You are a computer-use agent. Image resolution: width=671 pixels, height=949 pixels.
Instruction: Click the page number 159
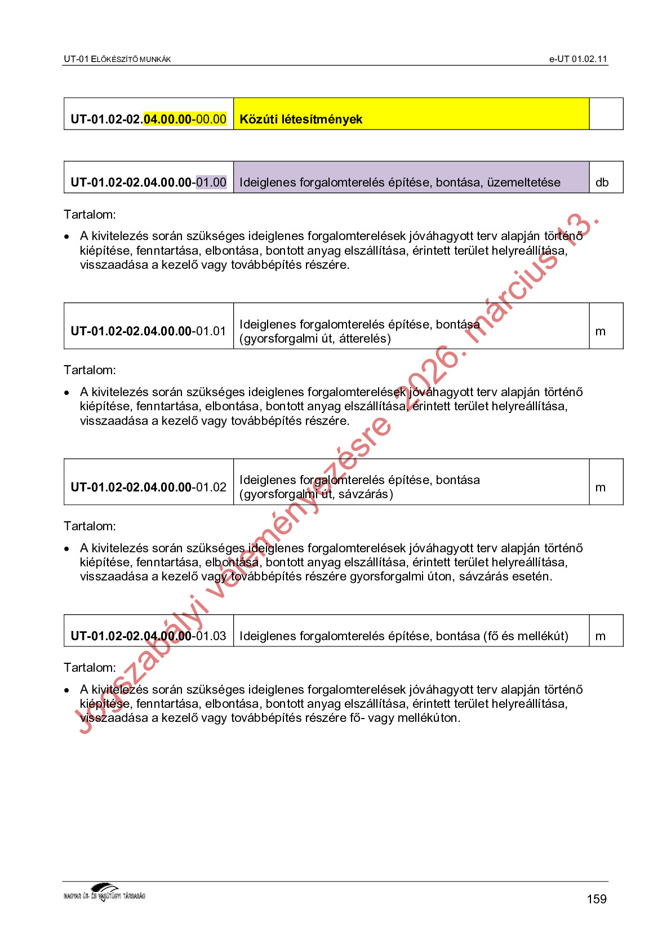596,899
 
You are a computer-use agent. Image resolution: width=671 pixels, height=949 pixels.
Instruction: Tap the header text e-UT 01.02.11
578,59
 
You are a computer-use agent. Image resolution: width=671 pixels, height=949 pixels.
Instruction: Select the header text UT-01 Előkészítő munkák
117,59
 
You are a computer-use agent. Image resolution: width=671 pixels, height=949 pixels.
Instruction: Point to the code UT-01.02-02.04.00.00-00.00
148,119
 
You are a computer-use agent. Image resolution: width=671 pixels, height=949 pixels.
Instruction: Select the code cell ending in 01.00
148,182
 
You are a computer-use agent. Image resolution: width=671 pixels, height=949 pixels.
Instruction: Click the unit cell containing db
602,182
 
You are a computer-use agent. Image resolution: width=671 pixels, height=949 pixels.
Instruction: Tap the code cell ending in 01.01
148,331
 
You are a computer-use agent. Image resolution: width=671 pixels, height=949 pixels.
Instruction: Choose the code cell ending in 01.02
148,487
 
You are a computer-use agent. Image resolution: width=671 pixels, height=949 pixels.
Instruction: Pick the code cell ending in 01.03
148,636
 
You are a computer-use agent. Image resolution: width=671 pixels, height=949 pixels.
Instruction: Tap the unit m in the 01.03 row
601,636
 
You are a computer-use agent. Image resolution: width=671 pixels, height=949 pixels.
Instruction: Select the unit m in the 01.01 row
601,331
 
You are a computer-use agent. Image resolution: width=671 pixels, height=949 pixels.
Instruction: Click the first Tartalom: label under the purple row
90,214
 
